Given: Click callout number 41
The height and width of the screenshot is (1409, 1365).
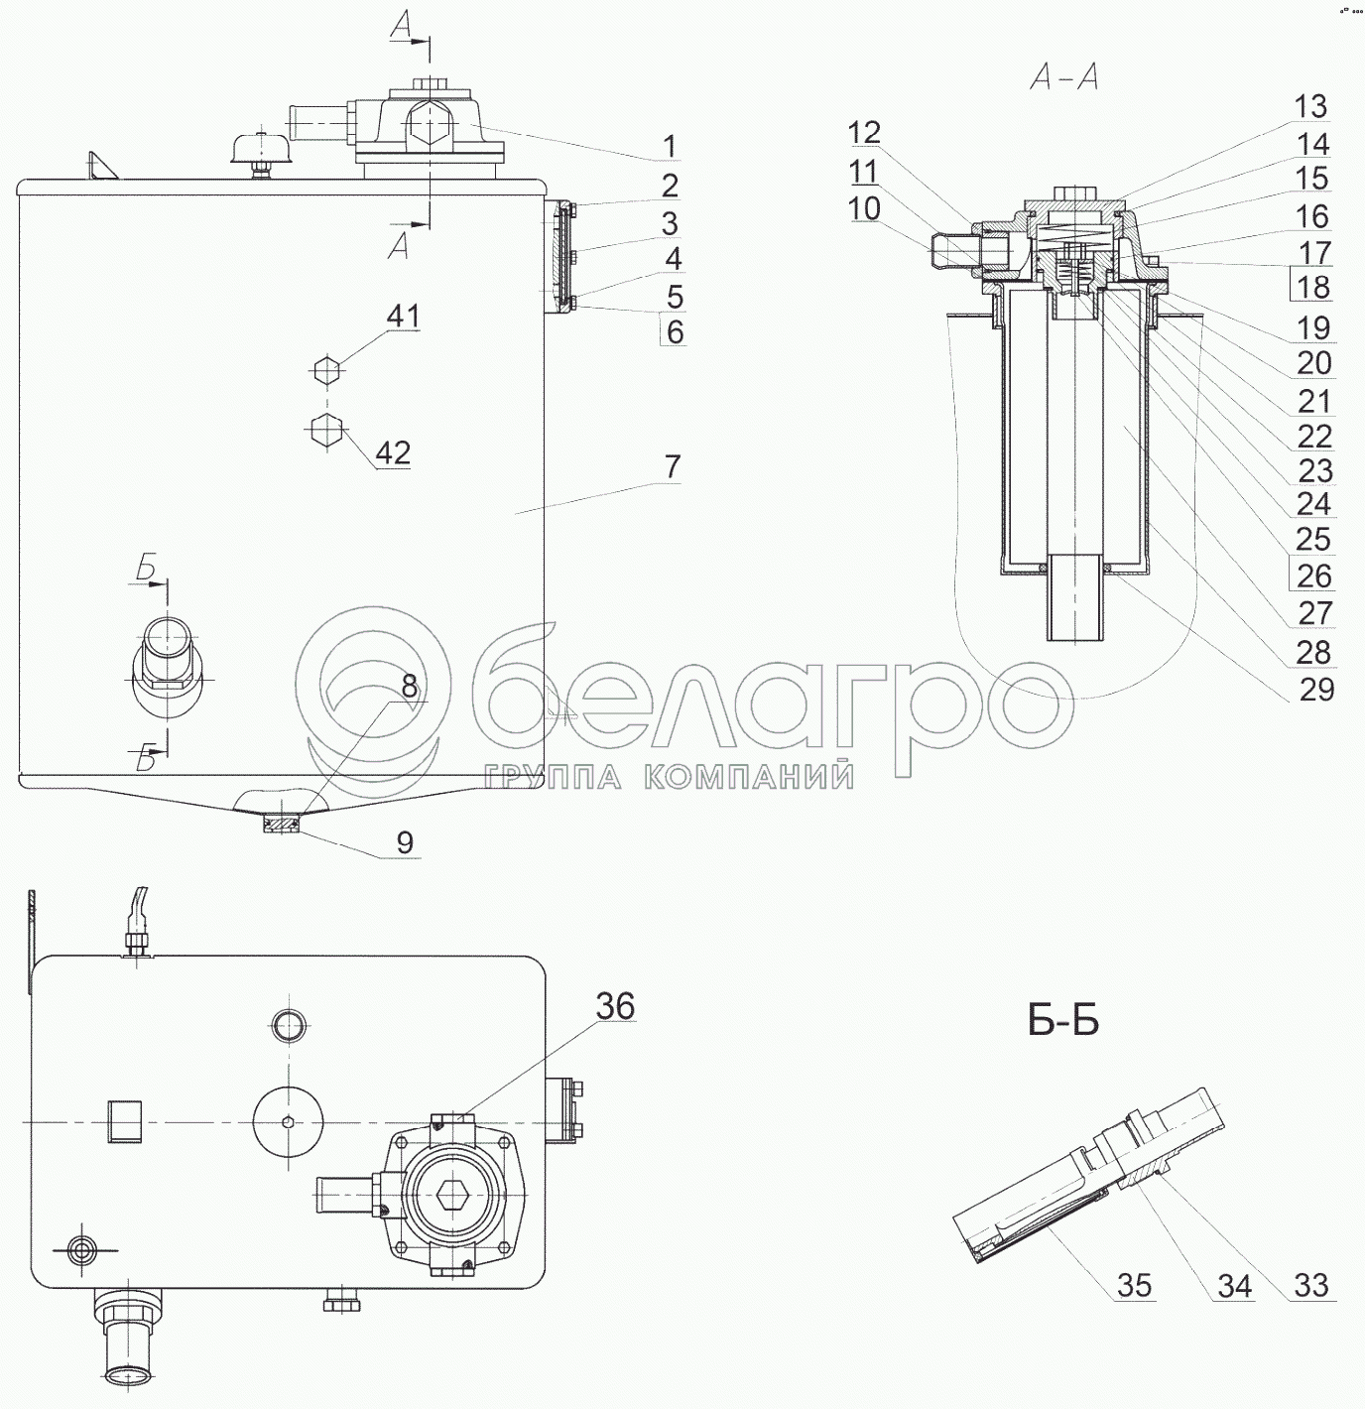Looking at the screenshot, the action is coord(403,317).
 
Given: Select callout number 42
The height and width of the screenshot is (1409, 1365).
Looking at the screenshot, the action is coord(394,453).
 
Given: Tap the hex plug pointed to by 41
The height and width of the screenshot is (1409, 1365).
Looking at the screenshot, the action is coord(329,370).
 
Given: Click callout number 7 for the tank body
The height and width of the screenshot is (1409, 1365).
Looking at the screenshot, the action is coord(673,466).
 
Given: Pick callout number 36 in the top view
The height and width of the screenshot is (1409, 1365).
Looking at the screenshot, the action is coord(615,1006).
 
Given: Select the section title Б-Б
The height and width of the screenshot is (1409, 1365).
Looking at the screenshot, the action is coord(1063,1022).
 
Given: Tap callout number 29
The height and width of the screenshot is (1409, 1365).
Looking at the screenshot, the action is coord(1316,690).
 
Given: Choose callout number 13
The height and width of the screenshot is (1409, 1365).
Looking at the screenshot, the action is coord(1310,107).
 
